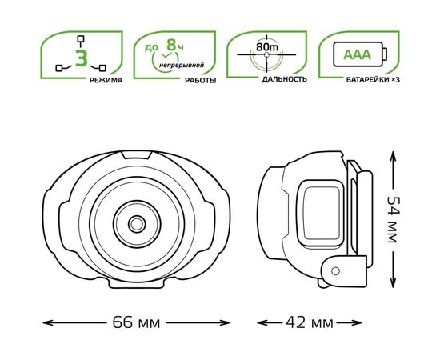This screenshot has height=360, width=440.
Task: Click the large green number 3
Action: pos(82,58)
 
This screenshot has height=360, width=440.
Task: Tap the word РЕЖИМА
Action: pos(106,81)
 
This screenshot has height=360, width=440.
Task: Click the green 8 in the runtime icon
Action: pos(171,45)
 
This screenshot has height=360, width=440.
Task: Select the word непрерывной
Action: pos(182,66)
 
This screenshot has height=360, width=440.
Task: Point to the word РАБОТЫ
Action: pos(200,81)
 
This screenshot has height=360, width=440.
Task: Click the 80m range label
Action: pos(267,47)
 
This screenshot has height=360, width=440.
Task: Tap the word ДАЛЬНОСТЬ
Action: pos(285,79)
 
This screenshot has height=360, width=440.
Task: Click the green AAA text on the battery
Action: pos(358,54)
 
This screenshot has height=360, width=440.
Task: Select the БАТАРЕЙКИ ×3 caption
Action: pos(373,80)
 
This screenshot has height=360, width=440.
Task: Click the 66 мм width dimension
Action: pos(136,322)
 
